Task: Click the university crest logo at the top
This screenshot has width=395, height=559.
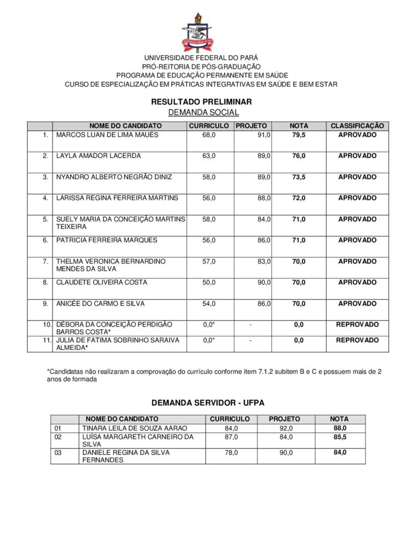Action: (197, 33)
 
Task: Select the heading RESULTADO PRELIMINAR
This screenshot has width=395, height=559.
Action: (197, 102)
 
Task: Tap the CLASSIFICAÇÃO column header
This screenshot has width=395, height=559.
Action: (357, 126)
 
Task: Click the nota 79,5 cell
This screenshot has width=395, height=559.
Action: (298, 135)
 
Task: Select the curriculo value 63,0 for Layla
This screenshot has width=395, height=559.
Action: (209, 156)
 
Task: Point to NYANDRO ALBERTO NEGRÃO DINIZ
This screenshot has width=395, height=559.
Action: (114, 177)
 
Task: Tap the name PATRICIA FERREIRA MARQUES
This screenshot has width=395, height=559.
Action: (106, 240)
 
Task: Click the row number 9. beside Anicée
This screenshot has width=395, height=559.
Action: (46, 304)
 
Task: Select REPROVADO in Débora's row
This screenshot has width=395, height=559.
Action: (357, 324)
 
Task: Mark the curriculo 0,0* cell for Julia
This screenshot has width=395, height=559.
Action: (209, 340)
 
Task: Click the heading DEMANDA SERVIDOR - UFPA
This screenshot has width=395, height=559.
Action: (207, 403)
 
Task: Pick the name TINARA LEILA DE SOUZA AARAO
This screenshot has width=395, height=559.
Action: (134, 428)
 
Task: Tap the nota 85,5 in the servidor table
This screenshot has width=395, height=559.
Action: (340, 437)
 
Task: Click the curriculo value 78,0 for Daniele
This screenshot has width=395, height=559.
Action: (231, 453)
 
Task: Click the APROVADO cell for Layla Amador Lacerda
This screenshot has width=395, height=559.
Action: (357, 156)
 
